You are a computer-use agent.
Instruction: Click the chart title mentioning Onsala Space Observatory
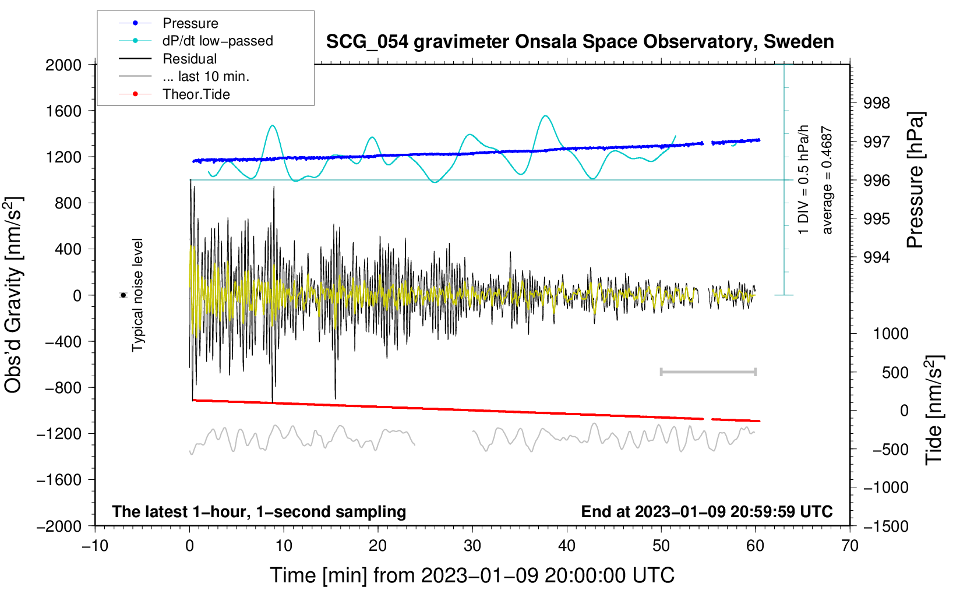(x=580, y=42)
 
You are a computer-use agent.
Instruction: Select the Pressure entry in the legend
(x=168, y=23)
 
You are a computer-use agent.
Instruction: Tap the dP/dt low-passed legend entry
(x=196, y=41)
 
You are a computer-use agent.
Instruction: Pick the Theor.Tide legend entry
(x=174, y=94)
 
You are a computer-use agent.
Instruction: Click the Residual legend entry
(x=168, y=59)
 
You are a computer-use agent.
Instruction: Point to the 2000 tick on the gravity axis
(x=63, y=65)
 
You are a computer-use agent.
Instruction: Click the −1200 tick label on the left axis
(x=59, y=434)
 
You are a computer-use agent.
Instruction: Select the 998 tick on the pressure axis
(x=876, y=103)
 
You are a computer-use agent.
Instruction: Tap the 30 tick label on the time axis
(x=472, y=546)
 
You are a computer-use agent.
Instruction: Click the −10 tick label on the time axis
(x=95, y=546)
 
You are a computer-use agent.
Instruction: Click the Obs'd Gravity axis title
(x=13, y=295)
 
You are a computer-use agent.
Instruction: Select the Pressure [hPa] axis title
(x=915, y=180)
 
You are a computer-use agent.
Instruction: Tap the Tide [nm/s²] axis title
(x=934, y=410)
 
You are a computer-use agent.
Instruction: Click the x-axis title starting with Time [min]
(x=472, y=576)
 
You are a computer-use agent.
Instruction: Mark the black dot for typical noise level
(x=123, y=295)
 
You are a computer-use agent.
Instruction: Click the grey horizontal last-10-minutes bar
(x=708, y=372)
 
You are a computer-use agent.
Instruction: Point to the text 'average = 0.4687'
(x=827, y=180)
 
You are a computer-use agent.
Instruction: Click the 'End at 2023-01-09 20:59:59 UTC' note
(x=707, y=511)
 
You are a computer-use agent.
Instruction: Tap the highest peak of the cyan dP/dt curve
(x=546, y=116)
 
